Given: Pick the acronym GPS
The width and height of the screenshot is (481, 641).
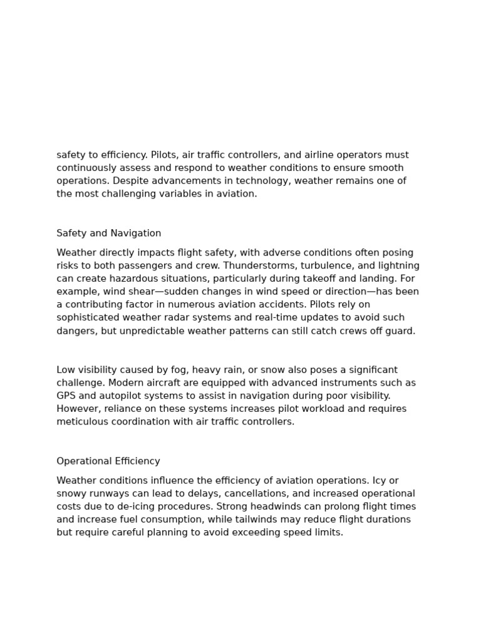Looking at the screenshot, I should [x=66, y=396].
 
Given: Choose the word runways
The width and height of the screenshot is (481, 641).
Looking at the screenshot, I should [x=108, y=494].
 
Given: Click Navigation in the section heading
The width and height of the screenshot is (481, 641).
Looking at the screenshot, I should [x=136, y=233].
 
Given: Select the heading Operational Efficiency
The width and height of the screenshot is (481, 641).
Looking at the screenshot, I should [x=108, y=461].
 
